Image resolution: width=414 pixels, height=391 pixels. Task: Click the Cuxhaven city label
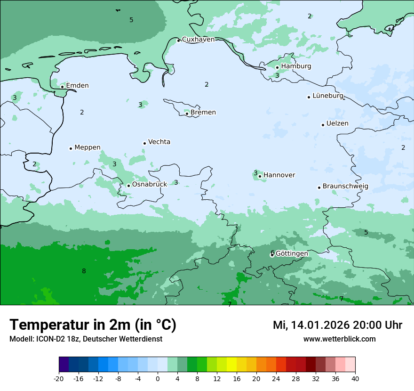[x=198, y=40]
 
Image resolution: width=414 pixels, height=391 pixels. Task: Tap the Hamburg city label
[x=296, y=66]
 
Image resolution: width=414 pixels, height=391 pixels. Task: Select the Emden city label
[x=77, y=86]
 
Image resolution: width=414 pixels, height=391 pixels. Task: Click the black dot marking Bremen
[x=187, y=114]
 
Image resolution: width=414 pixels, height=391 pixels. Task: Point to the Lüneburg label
[x=328, y=96]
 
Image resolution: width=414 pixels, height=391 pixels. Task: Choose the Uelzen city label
[x=337, y=124]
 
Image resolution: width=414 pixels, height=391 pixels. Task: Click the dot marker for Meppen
[x=71, y=148]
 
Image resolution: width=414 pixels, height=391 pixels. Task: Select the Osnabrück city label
[x=149, y=185]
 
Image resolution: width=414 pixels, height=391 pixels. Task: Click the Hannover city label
[x=279, y=175]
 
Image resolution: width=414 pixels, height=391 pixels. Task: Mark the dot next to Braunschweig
[x=319, y=187]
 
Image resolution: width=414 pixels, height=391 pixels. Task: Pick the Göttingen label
[x=292, y=254]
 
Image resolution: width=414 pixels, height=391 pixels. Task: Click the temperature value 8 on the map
[x=84, y=271]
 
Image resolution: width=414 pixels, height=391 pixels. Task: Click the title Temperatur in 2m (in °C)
[x=93, y=325]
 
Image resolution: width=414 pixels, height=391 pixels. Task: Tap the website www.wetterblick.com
[x=339, y=339]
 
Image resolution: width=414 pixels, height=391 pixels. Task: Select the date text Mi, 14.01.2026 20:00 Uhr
[x=337, y=325]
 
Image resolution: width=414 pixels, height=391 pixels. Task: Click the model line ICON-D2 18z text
[x=86, y=339]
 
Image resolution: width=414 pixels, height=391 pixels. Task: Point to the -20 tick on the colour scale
[x=59, y=378]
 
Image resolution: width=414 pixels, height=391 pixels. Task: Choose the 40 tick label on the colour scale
[x=355, y=378]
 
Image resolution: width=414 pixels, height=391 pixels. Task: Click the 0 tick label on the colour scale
[x=158, y=378]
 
